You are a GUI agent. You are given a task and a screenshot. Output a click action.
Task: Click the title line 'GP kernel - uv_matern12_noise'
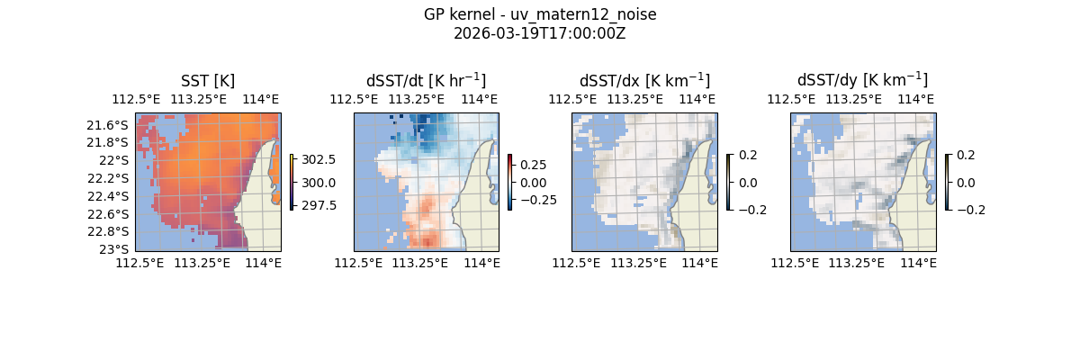539,14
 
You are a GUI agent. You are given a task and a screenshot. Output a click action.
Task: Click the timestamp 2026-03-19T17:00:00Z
539,33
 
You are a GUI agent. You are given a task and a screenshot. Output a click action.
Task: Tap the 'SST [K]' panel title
208,81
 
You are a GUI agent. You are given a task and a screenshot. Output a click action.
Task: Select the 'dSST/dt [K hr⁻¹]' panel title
426,81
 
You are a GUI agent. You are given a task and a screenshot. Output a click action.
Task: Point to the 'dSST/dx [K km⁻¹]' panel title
644,81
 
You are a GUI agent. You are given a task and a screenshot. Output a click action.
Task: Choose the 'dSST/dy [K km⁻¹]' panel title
862,81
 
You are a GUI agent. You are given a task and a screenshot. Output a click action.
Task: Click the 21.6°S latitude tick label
114,125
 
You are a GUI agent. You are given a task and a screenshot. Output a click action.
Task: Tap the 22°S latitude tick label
118,160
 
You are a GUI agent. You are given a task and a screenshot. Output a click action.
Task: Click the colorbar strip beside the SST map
292,182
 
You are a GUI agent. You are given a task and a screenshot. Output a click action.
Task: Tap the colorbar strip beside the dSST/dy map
947,182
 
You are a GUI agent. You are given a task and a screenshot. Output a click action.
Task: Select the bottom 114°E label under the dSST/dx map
699,263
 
